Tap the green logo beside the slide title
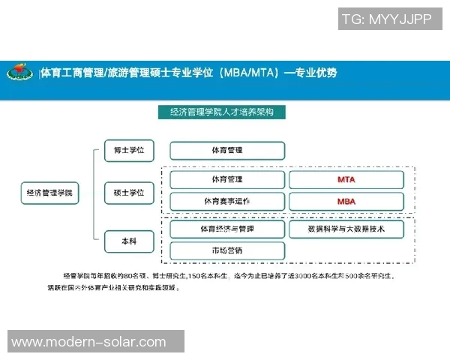coord(19,73)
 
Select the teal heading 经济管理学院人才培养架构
coord(222,112)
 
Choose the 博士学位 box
coord(128,150)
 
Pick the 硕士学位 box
coord(128,193)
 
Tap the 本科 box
coord(128,241)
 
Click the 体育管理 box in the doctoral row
coord(227,151)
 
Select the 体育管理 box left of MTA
coord(227,180)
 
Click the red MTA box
coord(346,180)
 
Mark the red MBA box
coord(346,202)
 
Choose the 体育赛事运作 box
coord(227,202)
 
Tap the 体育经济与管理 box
coord(227,229)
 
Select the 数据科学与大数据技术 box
coord(346,229)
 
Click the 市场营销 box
coord(227,250)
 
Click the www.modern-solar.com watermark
coord(88,342)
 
